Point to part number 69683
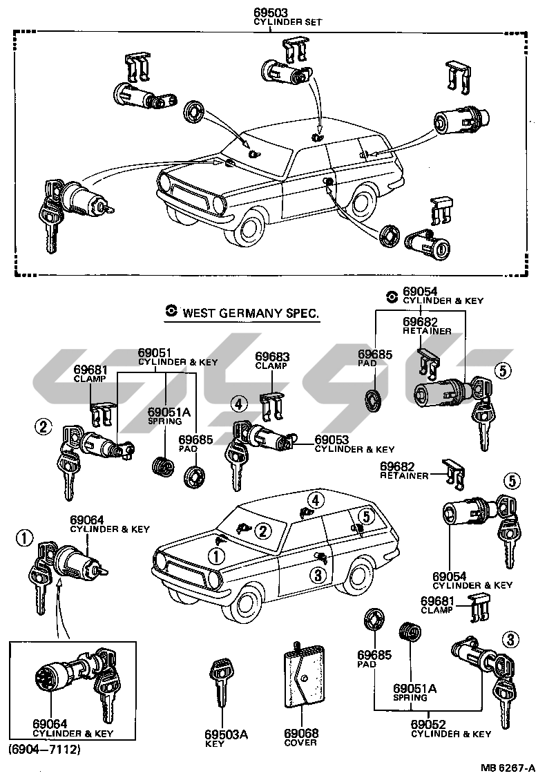coord(272,357)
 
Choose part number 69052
coord(428,724)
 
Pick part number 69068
coord(300,733)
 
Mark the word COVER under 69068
coord(300,743)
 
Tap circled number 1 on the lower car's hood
coord(218,556)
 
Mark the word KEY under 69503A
coord(215,743)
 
